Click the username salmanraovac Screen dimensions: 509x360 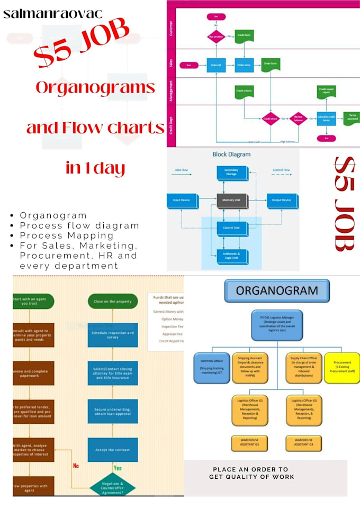(53, 14)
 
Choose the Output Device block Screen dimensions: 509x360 (281, 201)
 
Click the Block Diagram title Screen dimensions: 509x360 (231, 155)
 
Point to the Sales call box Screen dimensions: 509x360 (215, 65)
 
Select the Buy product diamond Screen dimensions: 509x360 (215, 37)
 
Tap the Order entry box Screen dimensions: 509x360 (244, 65)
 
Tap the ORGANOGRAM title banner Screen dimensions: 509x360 (276, 291)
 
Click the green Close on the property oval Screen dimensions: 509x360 (112, 301)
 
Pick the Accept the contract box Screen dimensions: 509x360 (112, 450)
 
